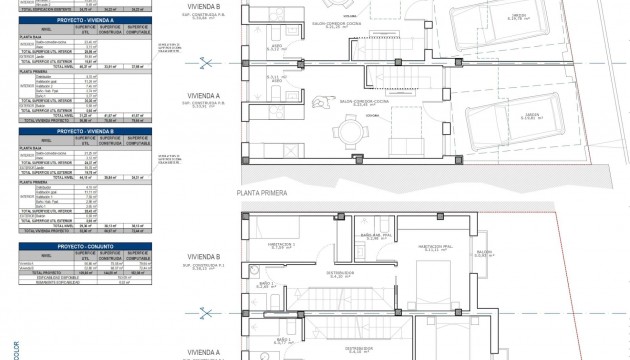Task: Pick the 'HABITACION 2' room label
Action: pyautogui.click(x=282, y=244)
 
